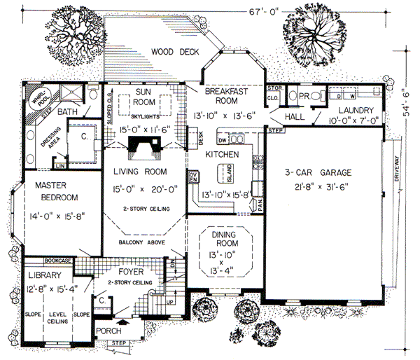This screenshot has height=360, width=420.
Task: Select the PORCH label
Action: click(x=115, y=331)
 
